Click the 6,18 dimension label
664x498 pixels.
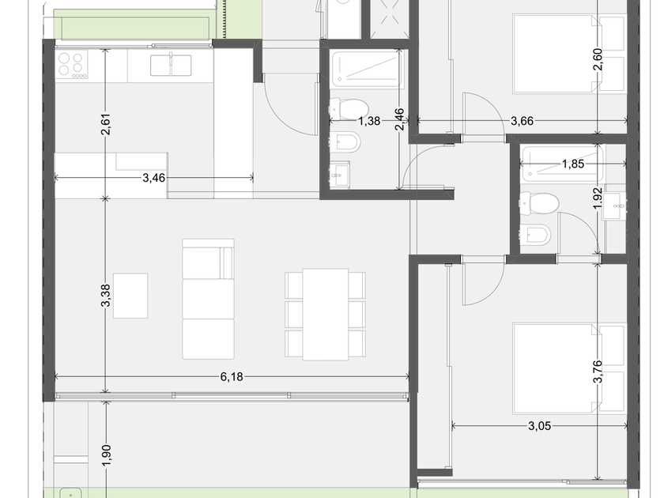coord(232,376)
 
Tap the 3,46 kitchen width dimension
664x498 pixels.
coord(153,178)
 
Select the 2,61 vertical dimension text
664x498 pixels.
coord(105,124)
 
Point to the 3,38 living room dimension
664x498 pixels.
coord(105,295)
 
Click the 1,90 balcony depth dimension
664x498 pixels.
coord(106,455)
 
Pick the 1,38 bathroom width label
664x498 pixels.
coord(369,121)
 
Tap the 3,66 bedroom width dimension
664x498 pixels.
coord(522,121)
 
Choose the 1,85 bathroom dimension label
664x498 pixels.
coord(573,164)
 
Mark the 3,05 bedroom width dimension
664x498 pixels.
coord(539,425)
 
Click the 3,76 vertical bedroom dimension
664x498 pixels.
coord(598,372)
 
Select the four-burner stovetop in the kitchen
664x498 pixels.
coord(72,64)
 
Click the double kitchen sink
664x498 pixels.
coord(171,66)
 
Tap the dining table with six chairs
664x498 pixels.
coord(325,315)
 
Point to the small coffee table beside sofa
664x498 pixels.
coord(130,296)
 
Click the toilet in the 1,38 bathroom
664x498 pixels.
coord(349,108)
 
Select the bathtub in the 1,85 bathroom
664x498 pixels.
coord(561,164)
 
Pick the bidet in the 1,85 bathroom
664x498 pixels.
coord(536,234)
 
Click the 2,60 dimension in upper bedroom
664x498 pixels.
coord(598,60)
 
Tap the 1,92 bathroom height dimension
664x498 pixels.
coord(598,198)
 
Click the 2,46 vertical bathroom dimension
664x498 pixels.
coord(399,120)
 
